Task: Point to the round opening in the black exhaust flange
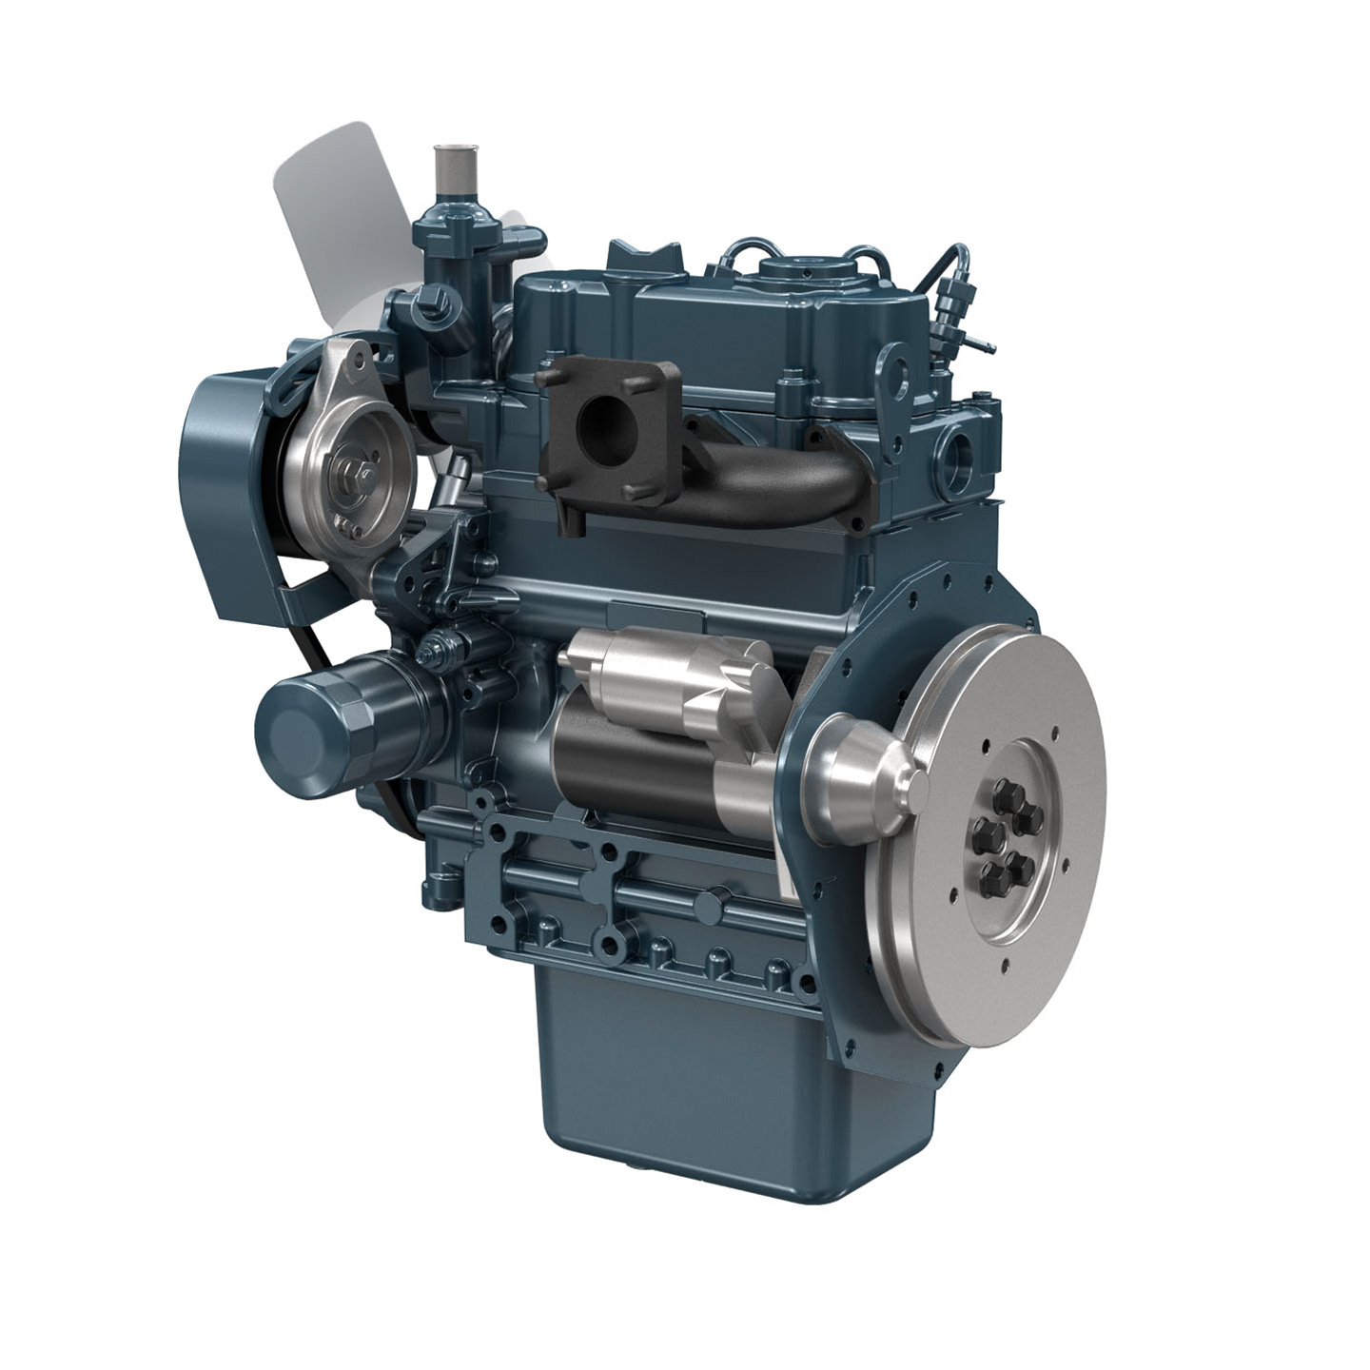pos(605,415)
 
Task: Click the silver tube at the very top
pos(448,171)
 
